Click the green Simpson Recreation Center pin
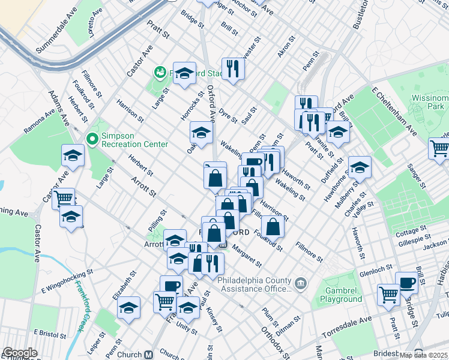point(92,140)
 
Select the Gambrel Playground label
point(340,294)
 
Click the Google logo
point(20,353)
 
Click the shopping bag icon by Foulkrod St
point(273,226)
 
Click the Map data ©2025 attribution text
point(423,355)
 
